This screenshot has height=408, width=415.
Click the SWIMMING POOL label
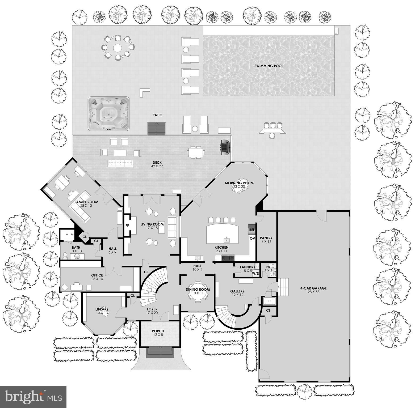[x=269, y=66]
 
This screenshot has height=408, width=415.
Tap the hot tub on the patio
[x=108, y=114]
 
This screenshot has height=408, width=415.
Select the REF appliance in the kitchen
[x=252, y=230]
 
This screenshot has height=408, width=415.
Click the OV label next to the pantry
[x=252, y=239]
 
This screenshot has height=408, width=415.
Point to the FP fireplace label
[x=127, y=226]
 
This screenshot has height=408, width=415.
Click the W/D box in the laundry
[x=255, y=273]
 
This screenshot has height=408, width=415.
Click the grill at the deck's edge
[x=225, y=147]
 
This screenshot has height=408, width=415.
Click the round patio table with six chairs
[x=117, y=48]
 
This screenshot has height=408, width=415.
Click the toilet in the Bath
[x=65, y=256]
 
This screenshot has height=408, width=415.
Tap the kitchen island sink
[x=227, y=240]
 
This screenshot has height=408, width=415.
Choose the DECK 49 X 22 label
[x=157, y=164]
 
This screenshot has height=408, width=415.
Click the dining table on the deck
[x=196, y=152]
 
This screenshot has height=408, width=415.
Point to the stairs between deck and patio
[x=157, y=129]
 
